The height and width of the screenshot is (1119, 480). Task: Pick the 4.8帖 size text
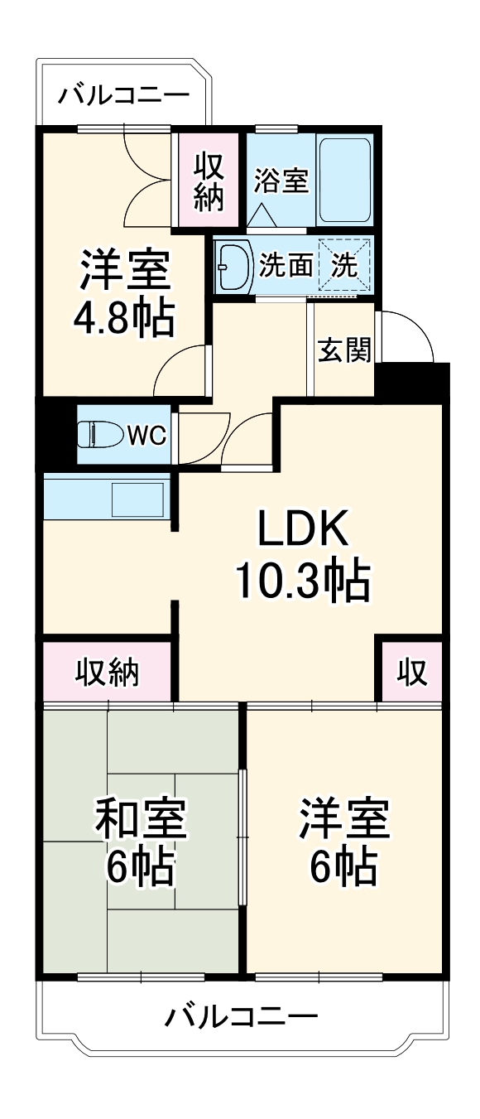[125, 318]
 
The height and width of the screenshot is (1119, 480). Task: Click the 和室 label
[141, 818]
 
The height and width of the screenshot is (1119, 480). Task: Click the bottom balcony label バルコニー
[241, 1015]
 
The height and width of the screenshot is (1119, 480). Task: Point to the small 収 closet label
[410, 673]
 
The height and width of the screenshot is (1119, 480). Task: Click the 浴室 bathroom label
[281, 180]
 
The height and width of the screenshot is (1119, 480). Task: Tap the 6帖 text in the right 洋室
[344, 867]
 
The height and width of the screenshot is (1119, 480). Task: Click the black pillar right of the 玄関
[412, 383]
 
